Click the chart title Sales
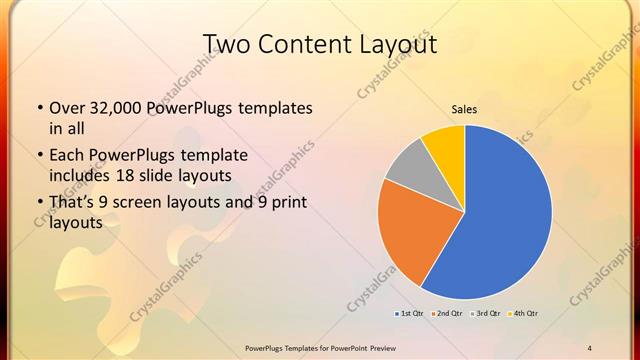point(463,109)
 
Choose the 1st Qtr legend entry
point(410,314)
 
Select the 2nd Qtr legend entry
point(448,314)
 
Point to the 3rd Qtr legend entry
point(486,314)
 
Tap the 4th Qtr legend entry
point(524,314)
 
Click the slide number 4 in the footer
point(590,347)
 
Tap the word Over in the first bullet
point(66,108)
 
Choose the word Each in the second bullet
point(66,155)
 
